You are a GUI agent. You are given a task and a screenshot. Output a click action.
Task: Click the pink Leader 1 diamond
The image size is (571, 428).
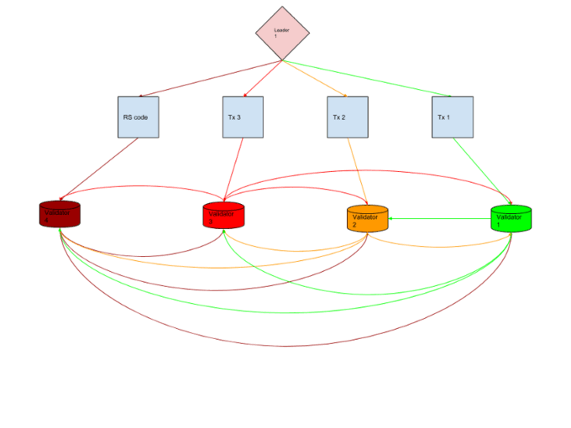point(282,34)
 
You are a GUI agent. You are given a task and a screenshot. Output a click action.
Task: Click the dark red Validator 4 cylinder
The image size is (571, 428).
point(60,214)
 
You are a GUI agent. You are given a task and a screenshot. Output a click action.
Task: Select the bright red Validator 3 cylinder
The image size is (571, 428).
point(223,215)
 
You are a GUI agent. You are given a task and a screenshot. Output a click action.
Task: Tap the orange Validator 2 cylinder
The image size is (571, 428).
point(367,218)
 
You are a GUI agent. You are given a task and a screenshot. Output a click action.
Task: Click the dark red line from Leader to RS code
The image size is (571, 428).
point(210,78)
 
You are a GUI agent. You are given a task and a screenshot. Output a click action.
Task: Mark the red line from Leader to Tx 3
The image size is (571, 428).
point(263,78)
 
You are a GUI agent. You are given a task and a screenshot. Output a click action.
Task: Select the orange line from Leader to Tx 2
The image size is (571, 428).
point(315,78)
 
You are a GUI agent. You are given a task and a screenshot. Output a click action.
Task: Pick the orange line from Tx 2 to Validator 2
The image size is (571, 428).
point(357,171)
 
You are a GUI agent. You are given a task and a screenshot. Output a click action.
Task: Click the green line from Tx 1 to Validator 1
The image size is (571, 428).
point(480,170)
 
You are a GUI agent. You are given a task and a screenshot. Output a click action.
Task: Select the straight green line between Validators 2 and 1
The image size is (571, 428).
point(441,219)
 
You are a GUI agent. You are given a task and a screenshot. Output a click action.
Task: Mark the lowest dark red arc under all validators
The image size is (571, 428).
point(285,346)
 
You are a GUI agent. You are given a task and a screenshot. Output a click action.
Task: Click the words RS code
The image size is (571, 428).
point(135,117)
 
